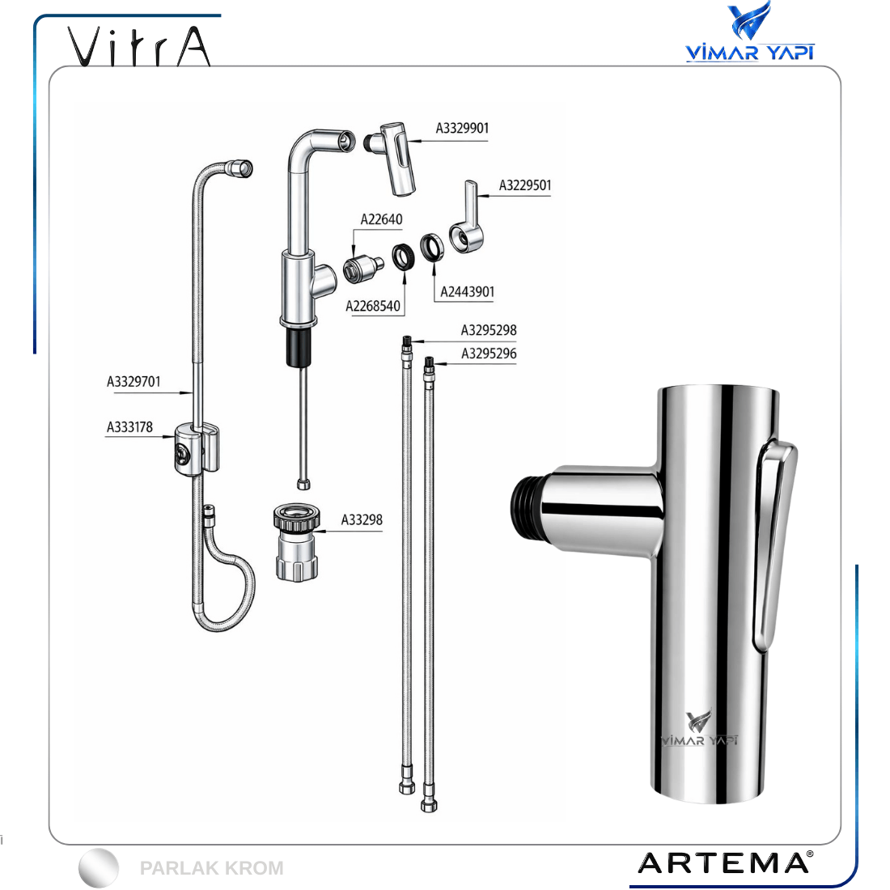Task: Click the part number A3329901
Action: [462, 129]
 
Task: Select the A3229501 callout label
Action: [525, 185]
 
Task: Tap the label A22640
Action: [381, 219]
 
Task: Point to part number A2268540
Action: [373, 307]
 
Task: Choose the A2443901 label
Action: [467, 292]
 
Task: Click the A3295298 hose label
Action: [489, 330]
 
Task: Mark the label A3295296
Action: [489, 354]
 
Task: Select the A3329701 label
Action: [134, 382]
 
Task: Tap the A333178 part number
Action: [130, 427]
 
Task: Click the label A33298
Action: [362, 520]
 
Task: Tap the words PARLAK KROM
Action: [212, 868]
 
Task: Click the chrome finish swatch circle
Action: [99, 868]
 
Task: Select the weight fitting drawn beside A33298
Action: [297, 542]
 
